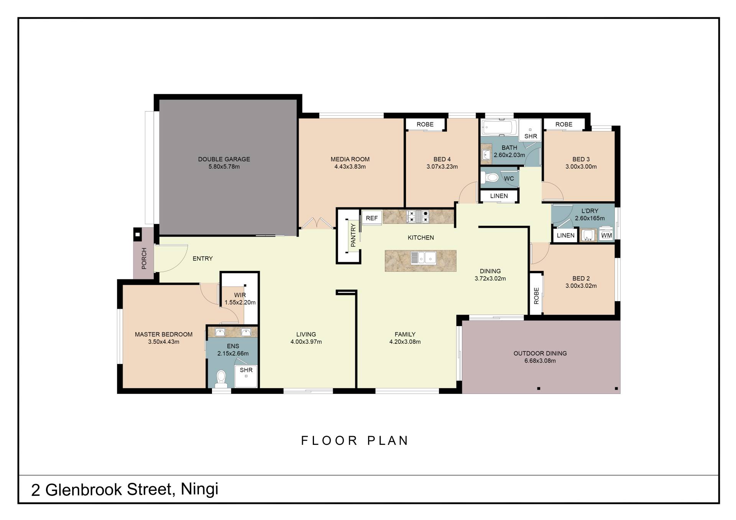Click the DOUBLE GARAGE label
(x=224, y=159)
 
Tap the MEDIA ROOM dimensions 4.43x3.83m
(x=350, y=167)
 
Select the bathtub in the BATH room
(x=500, y=127)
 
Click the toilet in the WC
(x=490, y=177)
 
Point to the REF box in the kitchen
(x=372, y=218)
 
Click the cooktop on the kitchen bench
(x=418, y=216)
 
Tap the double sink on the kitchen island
(x=423, y=258)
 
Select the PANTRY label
(x=353, y=235)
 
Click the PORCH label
(x=144, y=258)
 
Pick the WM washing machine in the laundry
(x=606, y=235)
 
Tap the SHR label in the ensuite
(x=246, y=370)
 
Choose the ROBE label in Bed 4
(x=425, y=125)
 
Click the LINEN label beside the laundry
(x=566, y=235)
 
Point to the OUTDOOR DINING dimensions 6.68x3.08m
(x=540, y=361)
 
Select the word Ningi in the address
(x=199, y=489)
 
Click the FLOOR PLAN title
(x=355, y=441)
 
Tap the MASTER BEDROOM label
(x=164, y=335)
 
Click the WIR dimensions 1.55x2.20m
(x=240, y=302)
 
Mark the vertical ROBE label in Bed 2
(x=536, y=296)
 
